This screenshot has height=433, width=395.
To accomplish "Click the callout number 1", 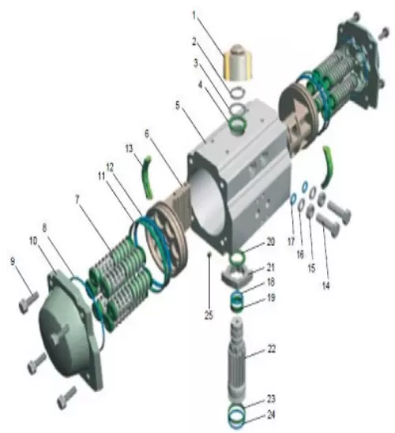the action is point(194,16).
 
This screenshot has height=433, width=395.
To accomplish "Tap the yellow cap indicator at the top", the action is point(238,62).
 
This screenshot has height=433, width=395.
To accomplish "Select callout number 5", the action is point(178,105).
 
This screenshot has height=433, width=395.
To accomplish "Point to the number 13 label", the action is point(130,148).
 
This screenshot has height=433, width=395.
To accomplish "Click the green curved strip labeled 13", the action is point(147,177).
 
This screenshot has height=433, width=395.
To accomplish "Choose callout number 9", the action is point(13,261).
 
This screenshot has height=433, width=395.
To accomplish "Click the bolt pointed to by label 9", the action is point(28,302).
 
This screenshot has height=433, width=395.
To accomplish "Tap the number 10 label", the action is point(33,241).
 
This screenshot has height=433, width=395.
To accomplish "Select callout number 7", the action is point(77,200).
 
